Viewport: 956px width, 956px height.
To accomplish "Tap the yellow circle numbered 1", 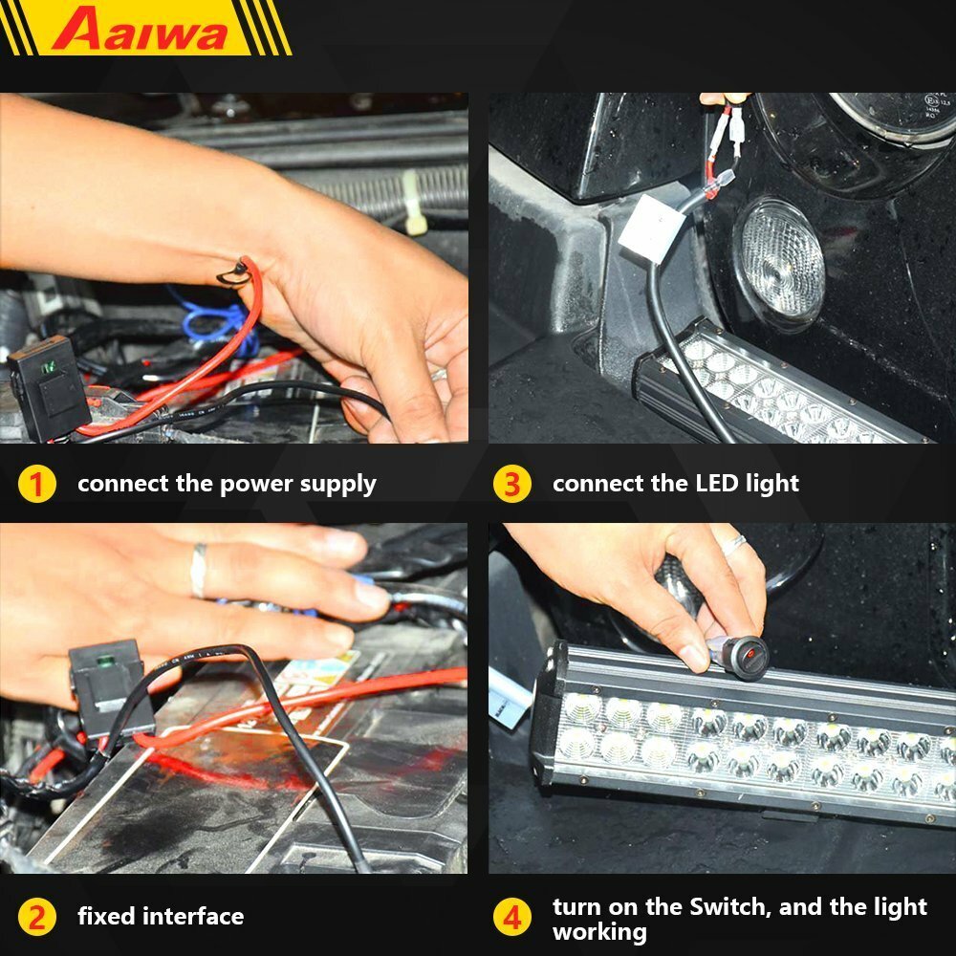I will (x=36, y=484).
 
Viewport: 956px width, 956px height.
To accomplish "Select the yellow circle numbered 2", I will (x=36, y=917).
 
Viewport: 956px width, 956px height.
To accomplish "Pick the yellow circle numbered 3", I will (x=511, y=484).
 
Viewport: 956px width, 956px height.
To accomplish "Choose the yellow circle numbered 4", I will (x=512, y=919).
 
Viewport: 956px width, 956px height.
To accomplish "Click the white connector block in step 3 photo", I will (x=652, y=229).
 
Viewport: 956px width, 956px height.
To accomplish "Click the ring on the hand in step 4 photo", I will (x=733, y=545).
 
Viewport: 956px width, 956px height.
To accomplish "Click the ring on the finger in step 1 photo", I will (x=438, y=375).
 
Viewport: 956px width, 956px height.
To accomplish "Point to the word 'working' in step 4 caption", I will (x=599, y=931).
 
